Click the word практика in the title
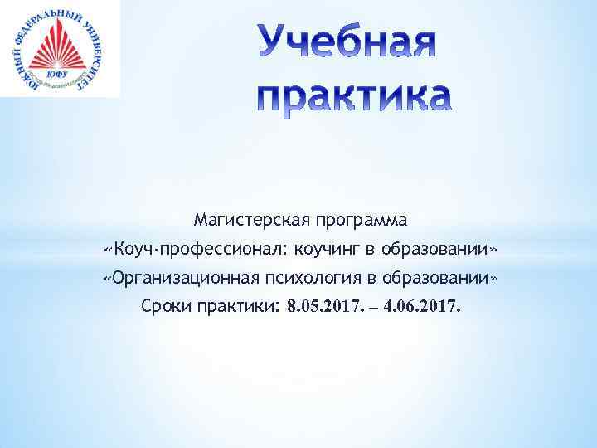point(354,97)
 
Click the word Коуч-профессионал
point(199,250)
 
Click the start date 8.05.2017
point(324,306)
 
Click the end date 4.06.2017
point(421,306)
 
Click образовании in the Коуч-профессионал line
point(446,250)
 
